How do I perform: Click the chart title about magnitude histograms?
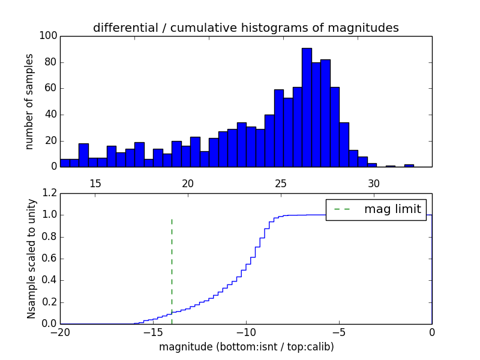tap(245, 28)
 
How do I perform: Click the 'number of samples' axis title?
tap(29, 101)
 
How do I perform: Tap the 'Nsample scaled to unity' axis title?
tap(31, 259)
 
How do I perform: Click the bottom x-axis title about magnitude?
tap(246, 347)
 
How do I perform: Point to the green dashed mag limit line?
tap(172, 264)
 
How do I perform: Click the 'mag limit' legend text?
tap(392, 209)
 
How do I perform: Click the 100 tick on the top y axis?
tap(49, 36)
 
